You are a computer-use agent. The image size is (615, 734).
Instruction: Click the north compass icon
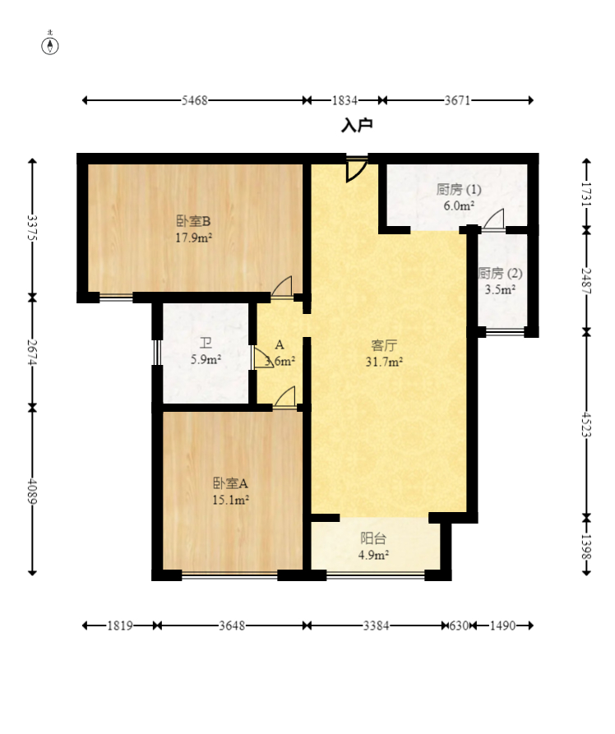pyautogui.click(x=50, y=45)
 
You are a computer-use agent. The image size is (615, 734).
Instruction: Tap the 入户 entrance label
pyautogui.click(x=357, y=126)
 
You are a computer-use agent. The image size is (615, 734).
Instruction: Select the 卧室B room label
pyautogui.click(x=193, y=220)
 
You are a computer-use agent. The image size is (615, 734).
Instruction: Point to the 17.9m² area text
pyautogui.click(x=193, y=238)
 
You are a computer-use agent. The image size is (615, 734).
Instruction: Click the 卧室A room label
pyautogui.click(x=230, y=482)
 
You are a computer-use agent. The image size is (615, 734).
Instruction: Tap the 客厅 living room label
pyautogui.click(x=384, y=345)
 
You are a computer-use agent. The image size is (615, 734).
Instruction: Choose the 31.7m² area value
pyautogui.click(x=384, y=362)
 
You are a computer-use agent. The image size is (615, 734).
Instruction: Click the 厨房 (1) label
pyautogui.click(x=459, y=190)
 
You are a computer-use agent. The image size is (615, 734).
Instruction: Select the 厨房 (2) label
pyautogui.click(x=500, y=273)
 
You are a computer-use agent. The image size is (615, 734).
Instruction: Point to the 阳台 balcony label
pyautogui.click(x=373, y=539)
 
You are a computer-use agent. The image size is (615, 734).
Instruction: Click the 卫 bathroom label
pyautogui.click(x=206, y=343)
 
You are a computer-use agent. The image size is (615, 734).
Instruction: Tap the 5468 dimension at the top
pyautogui.click(x=194, y=100)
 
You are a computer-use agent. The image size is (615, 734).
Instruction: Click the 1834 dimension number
pyautogui.click(x=344, y=100)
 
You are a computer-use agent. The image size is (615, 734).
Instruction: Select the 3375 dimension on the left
pyautogui.click(x=32, y=228)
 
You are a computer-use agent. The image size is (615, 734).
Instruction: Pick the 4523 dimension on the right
pyautogui.click(x=586, y=425)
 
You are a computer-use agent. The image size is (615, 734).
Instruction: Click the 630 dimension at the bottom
pyautogui.click(x=459, y=626)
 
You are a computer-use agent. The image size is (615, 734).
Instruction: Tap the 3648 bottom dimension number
pyautogui.click(x=232, y=626)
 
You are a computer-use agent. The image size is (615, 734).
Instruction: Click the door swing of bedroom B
pyautogui.click(x=283, y=286)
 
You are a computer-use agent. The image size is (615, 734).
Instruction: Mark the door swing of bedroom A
pyautogui.click(x=284, y=397)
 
